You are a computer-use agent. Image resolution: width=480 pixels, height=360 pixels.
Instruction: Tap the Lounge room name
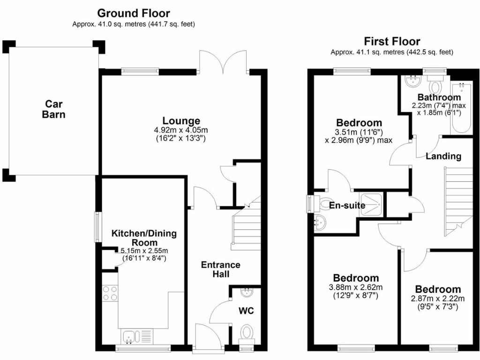tap(181, 121)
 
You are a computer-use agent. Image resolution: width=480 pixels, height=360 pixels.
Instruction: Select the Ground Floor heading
tap(134, 14)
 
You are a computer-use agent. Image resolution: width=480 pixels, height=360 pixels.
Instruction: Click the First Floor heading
tap(392, 41)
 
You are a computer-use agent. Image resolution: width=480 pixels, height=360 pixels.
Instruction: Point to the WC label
tap(246, 311)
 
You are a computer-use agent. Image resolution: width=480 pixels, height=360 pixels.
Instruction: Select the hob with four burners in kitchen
tap(110, 293)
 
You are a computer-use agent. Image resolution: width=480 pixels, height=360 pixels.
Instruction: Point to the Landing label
tap(443, 156)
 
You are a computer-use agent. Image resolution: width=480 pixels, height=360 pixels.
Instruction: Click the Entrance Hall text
tap(220, 270)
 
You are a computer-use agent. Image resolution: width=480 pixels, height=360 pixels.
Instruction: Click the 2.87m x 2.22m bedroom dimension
tap(438, 299)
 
